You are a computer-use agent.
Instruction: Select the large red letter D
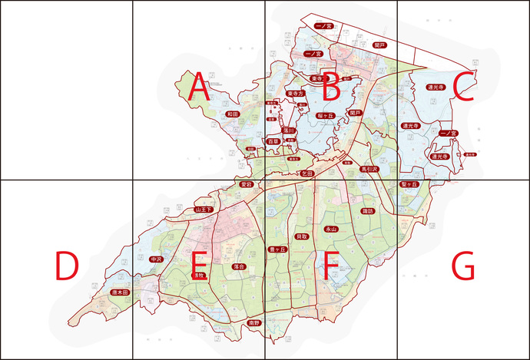(67, 266)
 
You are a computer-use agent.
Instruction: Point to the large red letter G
(463, 266)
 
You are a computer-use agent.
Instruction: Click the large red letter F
(331, 266)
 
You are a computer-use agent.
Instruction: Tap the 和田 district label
(232, 114)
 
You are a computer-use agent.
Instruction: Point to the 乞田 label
(307, 173)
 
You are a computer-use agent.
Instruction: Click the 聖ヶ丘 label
(408, 185)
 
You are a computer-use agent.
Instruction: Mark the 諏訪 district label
(368, 210)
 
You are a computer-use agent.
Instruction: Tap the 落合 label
(238, 266)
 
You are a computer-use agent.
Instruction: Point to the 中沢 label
(156, 259)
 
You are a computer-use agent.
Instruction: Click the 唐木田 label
(120, 292)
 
